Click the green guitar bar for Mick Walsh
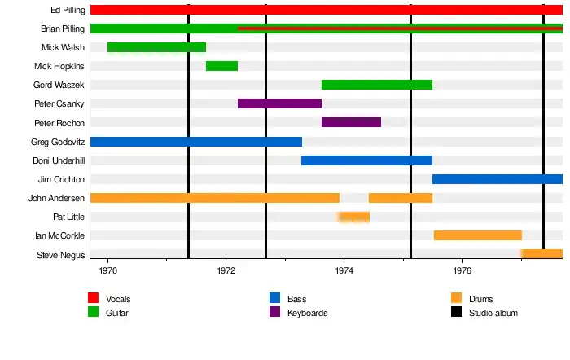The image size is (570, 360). (x=156, y=47)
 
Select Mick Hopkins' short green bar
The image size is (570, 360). (x=221, y=66)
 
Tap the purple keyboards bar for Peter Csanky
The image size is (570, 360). (x=279, y=103)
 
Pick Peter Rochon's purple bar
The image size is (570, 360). (x=351, y=122)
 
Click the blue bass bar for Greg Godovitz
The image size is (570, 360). (x=195, y=142)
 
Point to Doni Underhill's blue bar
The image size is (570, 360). (x=366, y=160)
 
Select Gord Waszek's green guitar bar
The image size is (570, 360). (x=377, y=85)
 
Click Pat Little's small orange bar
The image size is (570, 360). (x=354, y=217)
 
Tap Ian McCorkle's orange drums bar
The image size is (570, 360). (x=477, y=235)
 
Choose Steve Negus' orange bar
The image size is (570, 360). (x=541, y=254)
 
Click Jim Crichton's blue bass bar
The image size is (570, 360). (x=497, y=179)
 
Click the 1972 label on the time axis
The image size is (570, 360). (x=226, y=270)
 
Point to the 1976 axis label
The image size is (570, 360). (x=463, y=270)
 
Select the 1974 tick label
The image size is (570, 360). (x=344, y=270)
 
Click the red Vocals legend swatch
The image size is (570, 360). (x=94, y=298)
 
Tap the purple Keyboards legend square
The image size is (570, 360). (x=275, y=312)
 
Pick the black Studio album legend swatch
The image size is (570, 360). (x=457, y=312)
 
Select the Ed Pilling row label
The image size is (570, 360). (x=68, y=11)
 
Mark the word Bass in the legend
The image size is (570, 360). (x=297, y=299)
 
